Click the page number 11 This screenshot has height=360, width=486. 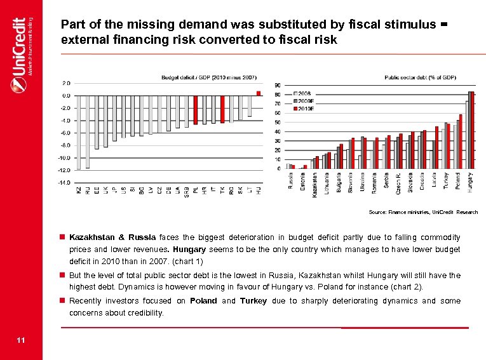21,341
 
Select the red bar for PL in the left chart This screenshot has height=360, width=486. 196,109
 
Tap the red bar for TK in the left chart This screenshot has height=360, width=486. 222,109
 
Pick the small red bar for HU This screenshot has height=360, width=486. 259,93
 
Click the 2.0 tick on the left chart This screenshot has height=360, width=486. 65,83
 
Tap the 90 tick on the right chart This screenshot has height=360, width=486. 278,85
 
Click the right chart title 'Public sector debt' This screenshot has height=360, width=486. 420,77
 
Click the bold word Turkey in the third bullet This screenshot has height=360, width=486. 253,301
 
